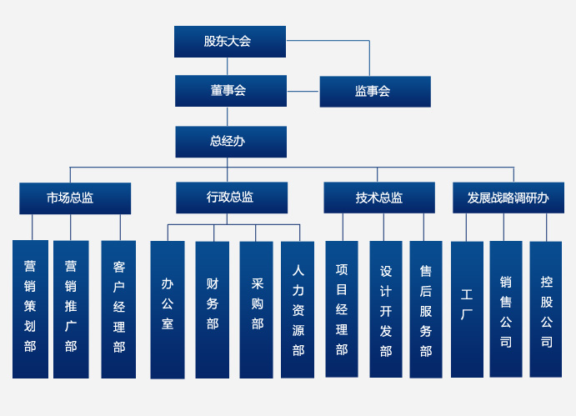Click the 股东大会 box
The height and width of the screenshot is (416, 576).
pos(229,42)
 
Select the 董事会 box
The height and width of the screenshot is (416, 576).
pos(230,91)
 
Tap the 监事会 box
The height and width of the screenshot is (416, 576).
pos(374,92)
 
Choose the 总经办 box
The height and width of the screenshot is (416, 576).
pos(230,142)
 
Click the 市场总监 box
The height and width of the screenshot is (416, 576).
pos(74,198)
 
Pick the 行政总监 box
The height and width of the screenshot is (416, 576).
pos(231,198)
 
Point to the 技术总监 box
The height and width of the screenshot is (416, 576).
pos(378,198)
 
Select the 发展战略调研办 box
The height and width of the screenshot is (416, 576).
pos(508,198)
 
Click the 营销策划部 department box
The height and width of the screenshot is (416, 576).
pos(30,308)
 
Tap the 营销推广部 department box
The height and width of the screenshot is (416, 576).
pos(71,308)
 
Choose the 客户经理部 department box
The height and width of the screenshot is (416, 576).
pos(118,308)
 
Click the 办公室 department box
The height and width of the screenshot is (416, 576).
pos(168,309)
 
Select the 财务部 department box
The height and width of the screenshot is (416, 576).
pos(212,309)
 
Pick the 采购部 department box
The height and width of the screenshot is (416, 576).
pos(256,309)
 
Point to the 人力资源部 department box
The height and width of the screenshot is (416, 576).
pos(298,309)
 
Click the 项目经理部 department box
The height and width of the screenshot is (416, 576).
pos(341,308)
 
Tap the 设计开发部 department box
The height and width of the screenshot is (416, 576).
pos(385,308)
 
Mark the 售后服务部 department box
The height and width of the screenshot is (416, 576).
pos(425,308)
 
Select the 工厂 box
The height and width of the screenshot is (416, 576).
pos(467,308)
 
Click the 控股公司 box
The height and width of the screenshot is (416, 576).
pos(546,308)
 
